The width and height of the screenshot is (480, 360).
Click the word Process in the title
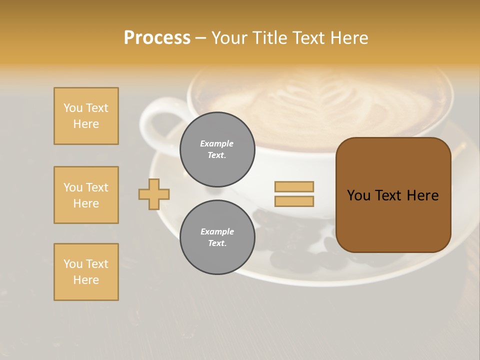pos(157,38)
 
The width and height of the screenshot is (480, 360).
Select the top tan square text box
pos(86,116)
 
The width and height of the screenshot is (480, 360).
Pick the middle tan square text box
pos(86,195)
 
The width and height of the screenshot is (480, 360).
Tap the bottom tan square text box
pos(86,272)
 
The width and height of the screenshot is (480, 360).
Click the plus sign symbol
pos(154,194)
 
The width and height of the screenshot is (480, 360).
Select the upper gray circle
pos(217,149)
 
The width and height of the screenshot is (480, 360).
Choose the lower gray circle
pos(217,237)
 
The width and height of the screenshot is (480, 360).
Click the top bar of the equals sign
pos(294,186)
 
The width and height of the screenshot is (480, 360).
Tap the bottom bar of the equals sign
pos(294,201)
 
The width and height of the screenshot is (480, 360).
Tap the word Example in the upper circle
pos(216,144)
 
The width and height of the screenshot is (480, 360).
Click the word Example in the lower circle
pos(217,232)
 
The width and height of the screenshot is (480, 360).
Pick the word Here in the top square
pos(86,124)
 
